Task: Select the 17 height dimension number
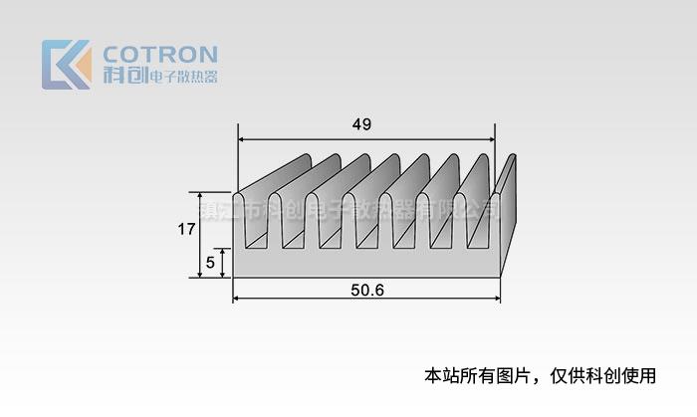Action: pyautogui.click(x=186, y=230)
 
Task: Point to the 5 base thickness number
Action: pyautogui.click(x=210, y=264)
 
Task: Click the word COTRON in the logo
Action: pyautogui.click(x=160, y=54)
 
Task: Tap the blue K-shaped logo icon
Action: pyautogui.click(x=66, y=65)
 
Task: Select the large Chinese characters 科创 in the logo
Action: pyautogui.click(x=123, y=76)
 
